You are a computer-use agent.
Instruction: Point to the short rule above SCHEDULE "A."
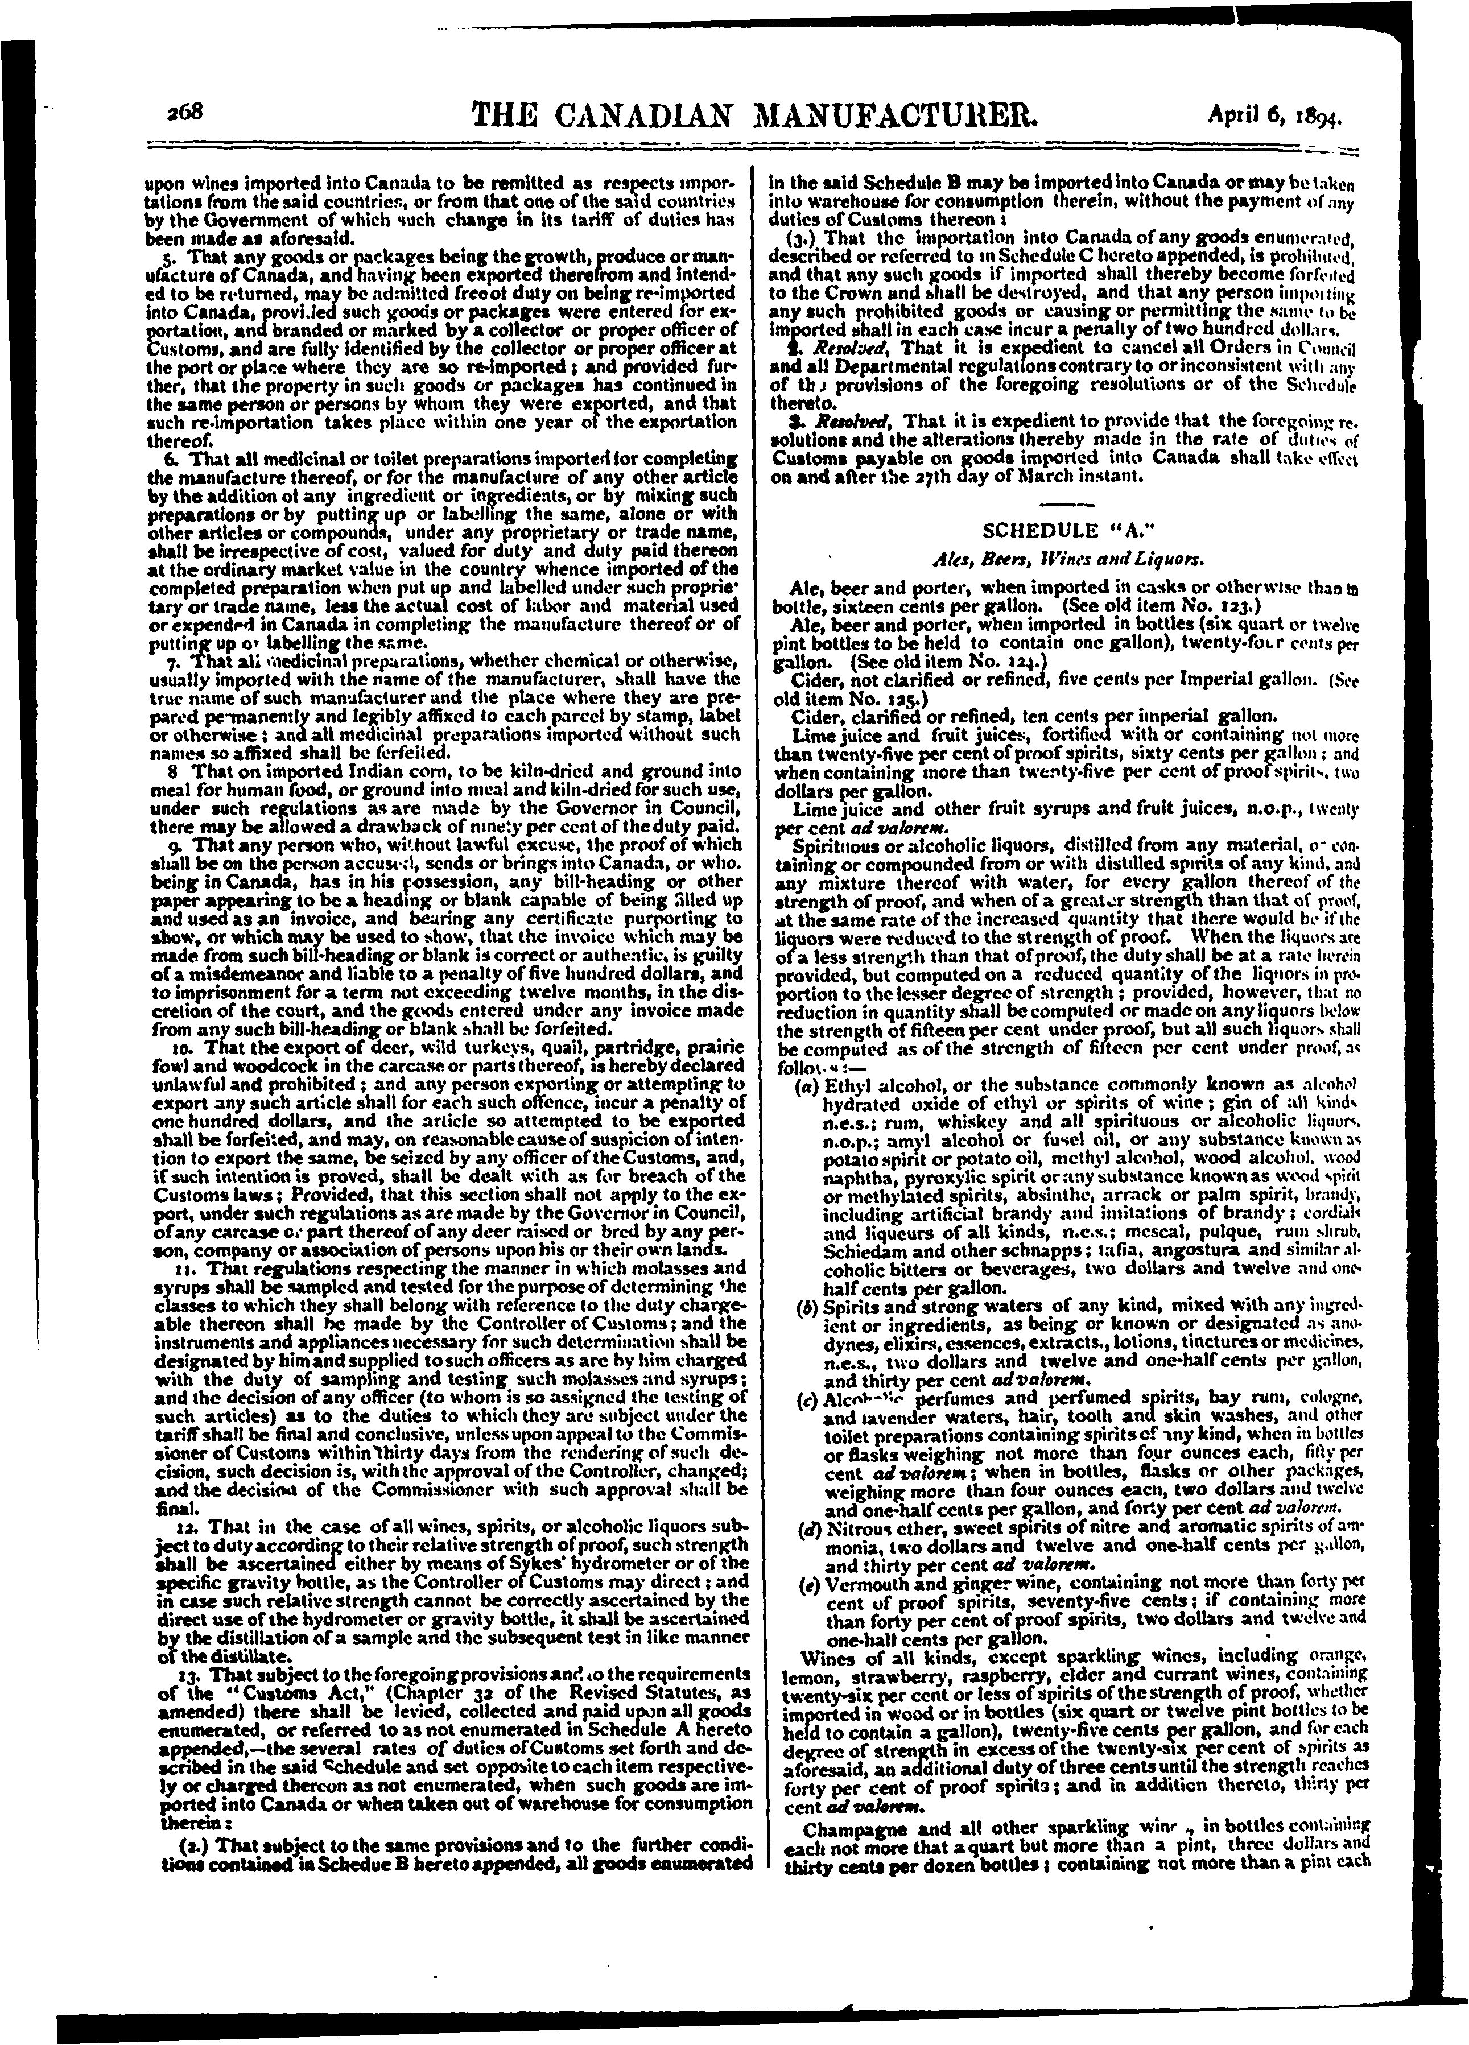coord(1058,502)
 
